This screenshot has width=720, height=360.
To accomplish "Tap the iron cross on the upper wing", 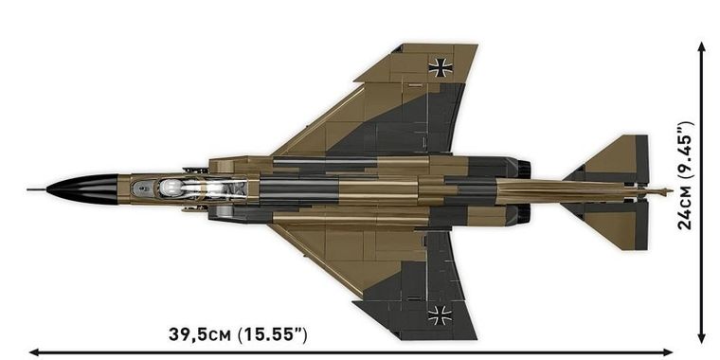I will (441, 66).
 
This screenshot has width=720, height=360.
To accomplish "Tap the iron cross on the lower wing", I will (440, 315).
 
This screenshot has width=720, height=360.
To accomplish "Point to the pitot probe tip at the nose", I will (31, 189).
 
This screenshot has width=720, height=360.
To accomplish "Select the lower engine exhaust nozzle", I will (523, 213).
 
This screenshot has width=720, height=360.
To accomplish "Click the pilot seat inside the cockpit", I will (171, 188).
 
